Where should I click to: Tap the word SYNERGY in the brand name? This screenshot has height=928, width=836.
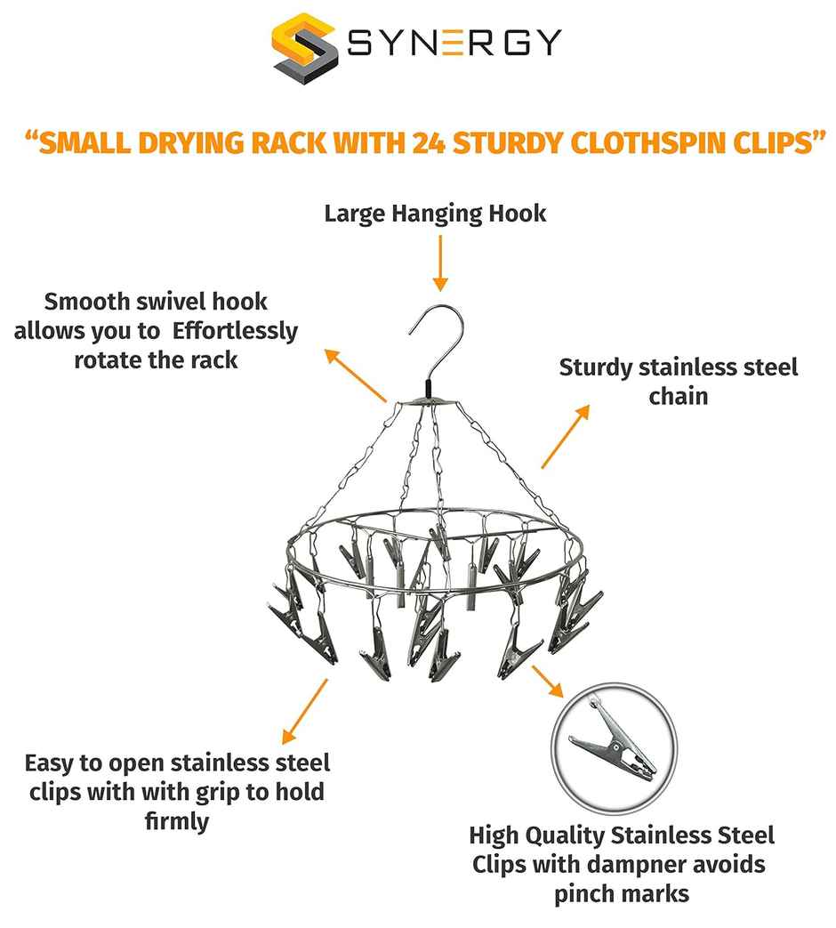pos(454,43)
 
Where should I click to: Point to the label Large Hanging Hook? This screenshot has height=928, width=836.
pos(435,214)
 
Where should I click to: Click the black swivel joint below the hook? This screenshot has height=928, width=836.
pos(429,390)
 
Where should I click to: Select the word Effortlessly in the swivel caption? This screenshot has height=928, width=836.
pos(236,332)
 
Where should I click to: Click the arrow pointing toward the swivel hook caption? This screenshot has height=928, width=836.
pos(355,375)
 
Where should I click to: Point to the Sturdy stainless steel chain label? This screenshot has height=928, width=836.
pos(678,381)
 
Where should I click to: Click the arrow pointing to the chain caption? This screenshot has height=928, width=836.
pos(565,437)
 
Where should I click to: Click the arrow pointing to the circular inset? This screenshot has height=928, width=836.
pos(547,681)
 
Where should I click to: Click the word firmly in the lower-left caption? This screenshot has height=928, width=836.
pos(176,820)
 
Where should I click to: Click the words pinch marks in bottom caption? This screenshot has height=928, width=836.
pos(622,892)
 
